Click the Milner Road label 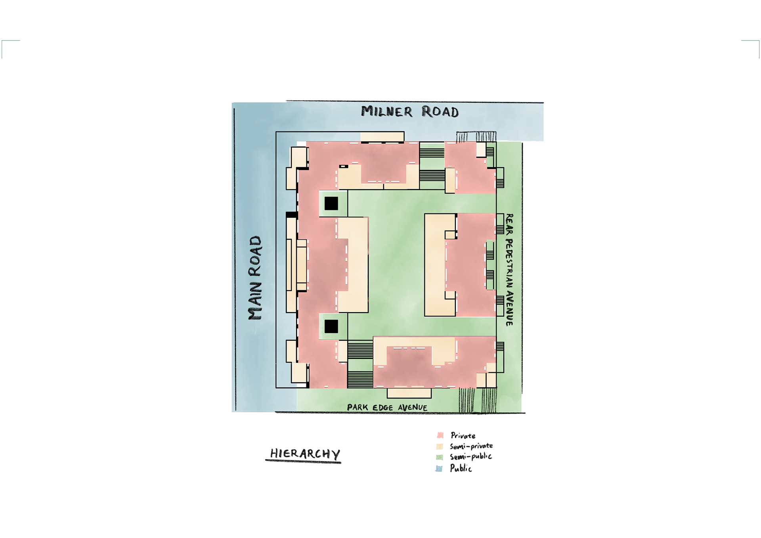[x=409, y=112]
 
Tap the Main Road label [x=255, y=278]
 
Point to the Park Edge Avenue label [x=387, y=407]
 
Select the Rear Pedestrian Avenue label [x=509, y=270]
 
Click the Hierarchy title [x=305, y=453]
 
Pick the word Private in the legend [x=463, y=436]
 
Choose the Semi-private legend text [x=471, y=446]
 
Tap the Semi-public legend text [x=470, y=457]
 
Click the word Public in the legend [x=461, y=468]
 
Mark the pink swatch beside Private [x=440, y=435]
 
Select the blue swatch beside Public [x=439, y=469]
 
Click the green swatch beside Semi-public [x=440, y=457]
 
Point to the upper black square [x=331, y=204]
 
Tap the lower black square [x=331, y=326]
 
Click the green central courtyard [x=396, y=261]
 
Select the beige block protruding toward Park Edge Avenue [x=409, y=393]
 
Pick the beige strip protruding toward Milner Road [x=382, y=137]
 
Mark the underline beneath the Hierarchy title [x=303, y=461]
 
